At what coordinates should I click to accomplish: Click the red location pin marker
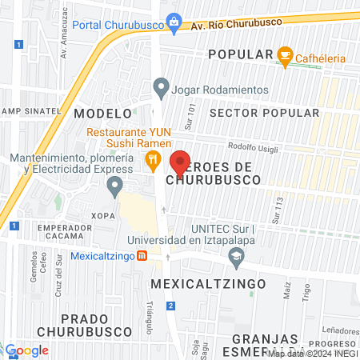tap(180, 161)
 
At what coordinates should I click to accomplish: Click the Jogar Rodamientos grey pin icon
tap(162, 86)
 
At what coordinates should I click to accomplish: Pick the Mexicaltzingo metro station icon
tap(142, 256)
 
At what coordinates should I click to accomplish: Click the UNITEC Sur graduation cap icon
tap(236, 257)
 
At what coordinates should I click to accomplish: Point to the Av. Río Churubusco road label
tap(228, 26)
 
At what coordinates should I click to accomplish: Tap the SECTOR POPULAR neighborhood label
tap(263, 113)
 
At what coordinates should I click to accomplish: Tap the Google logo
tap(26, 350)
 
